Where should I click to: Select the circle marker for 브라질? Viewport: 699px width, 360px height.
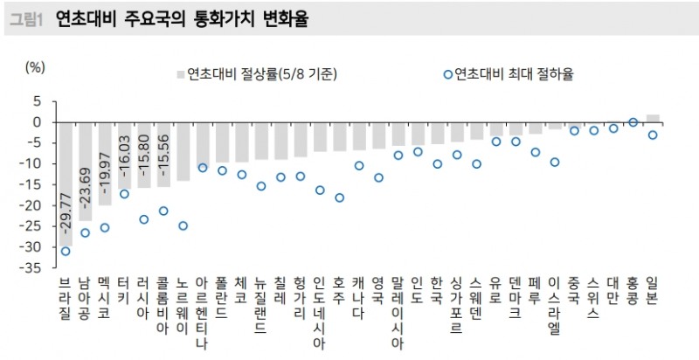66,252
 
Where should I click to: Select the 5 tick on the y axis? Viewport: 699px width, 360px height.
38,101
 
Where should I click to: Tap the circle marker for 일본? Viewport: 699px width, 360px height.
653,135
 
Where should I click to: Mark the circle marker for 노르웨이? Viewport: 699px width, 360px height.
183,225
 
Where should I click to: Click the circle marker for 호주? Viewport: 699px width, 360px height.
339,198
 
